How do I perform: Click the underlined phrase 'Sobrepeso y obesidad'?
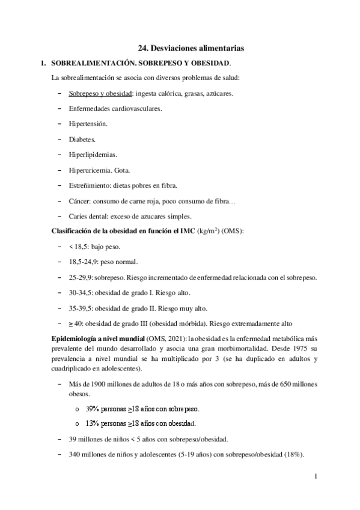click(100, 94)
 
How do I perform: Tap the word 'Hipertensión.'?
click(88, 124)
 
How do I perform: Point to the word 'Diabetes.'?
click(82, 139)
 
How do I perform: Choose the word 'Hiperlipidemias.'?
click(93, 154)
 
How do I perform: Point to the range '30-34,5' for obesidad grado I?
click(82, 292)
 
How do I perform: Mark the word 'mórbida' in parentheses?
click(192, 322)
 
